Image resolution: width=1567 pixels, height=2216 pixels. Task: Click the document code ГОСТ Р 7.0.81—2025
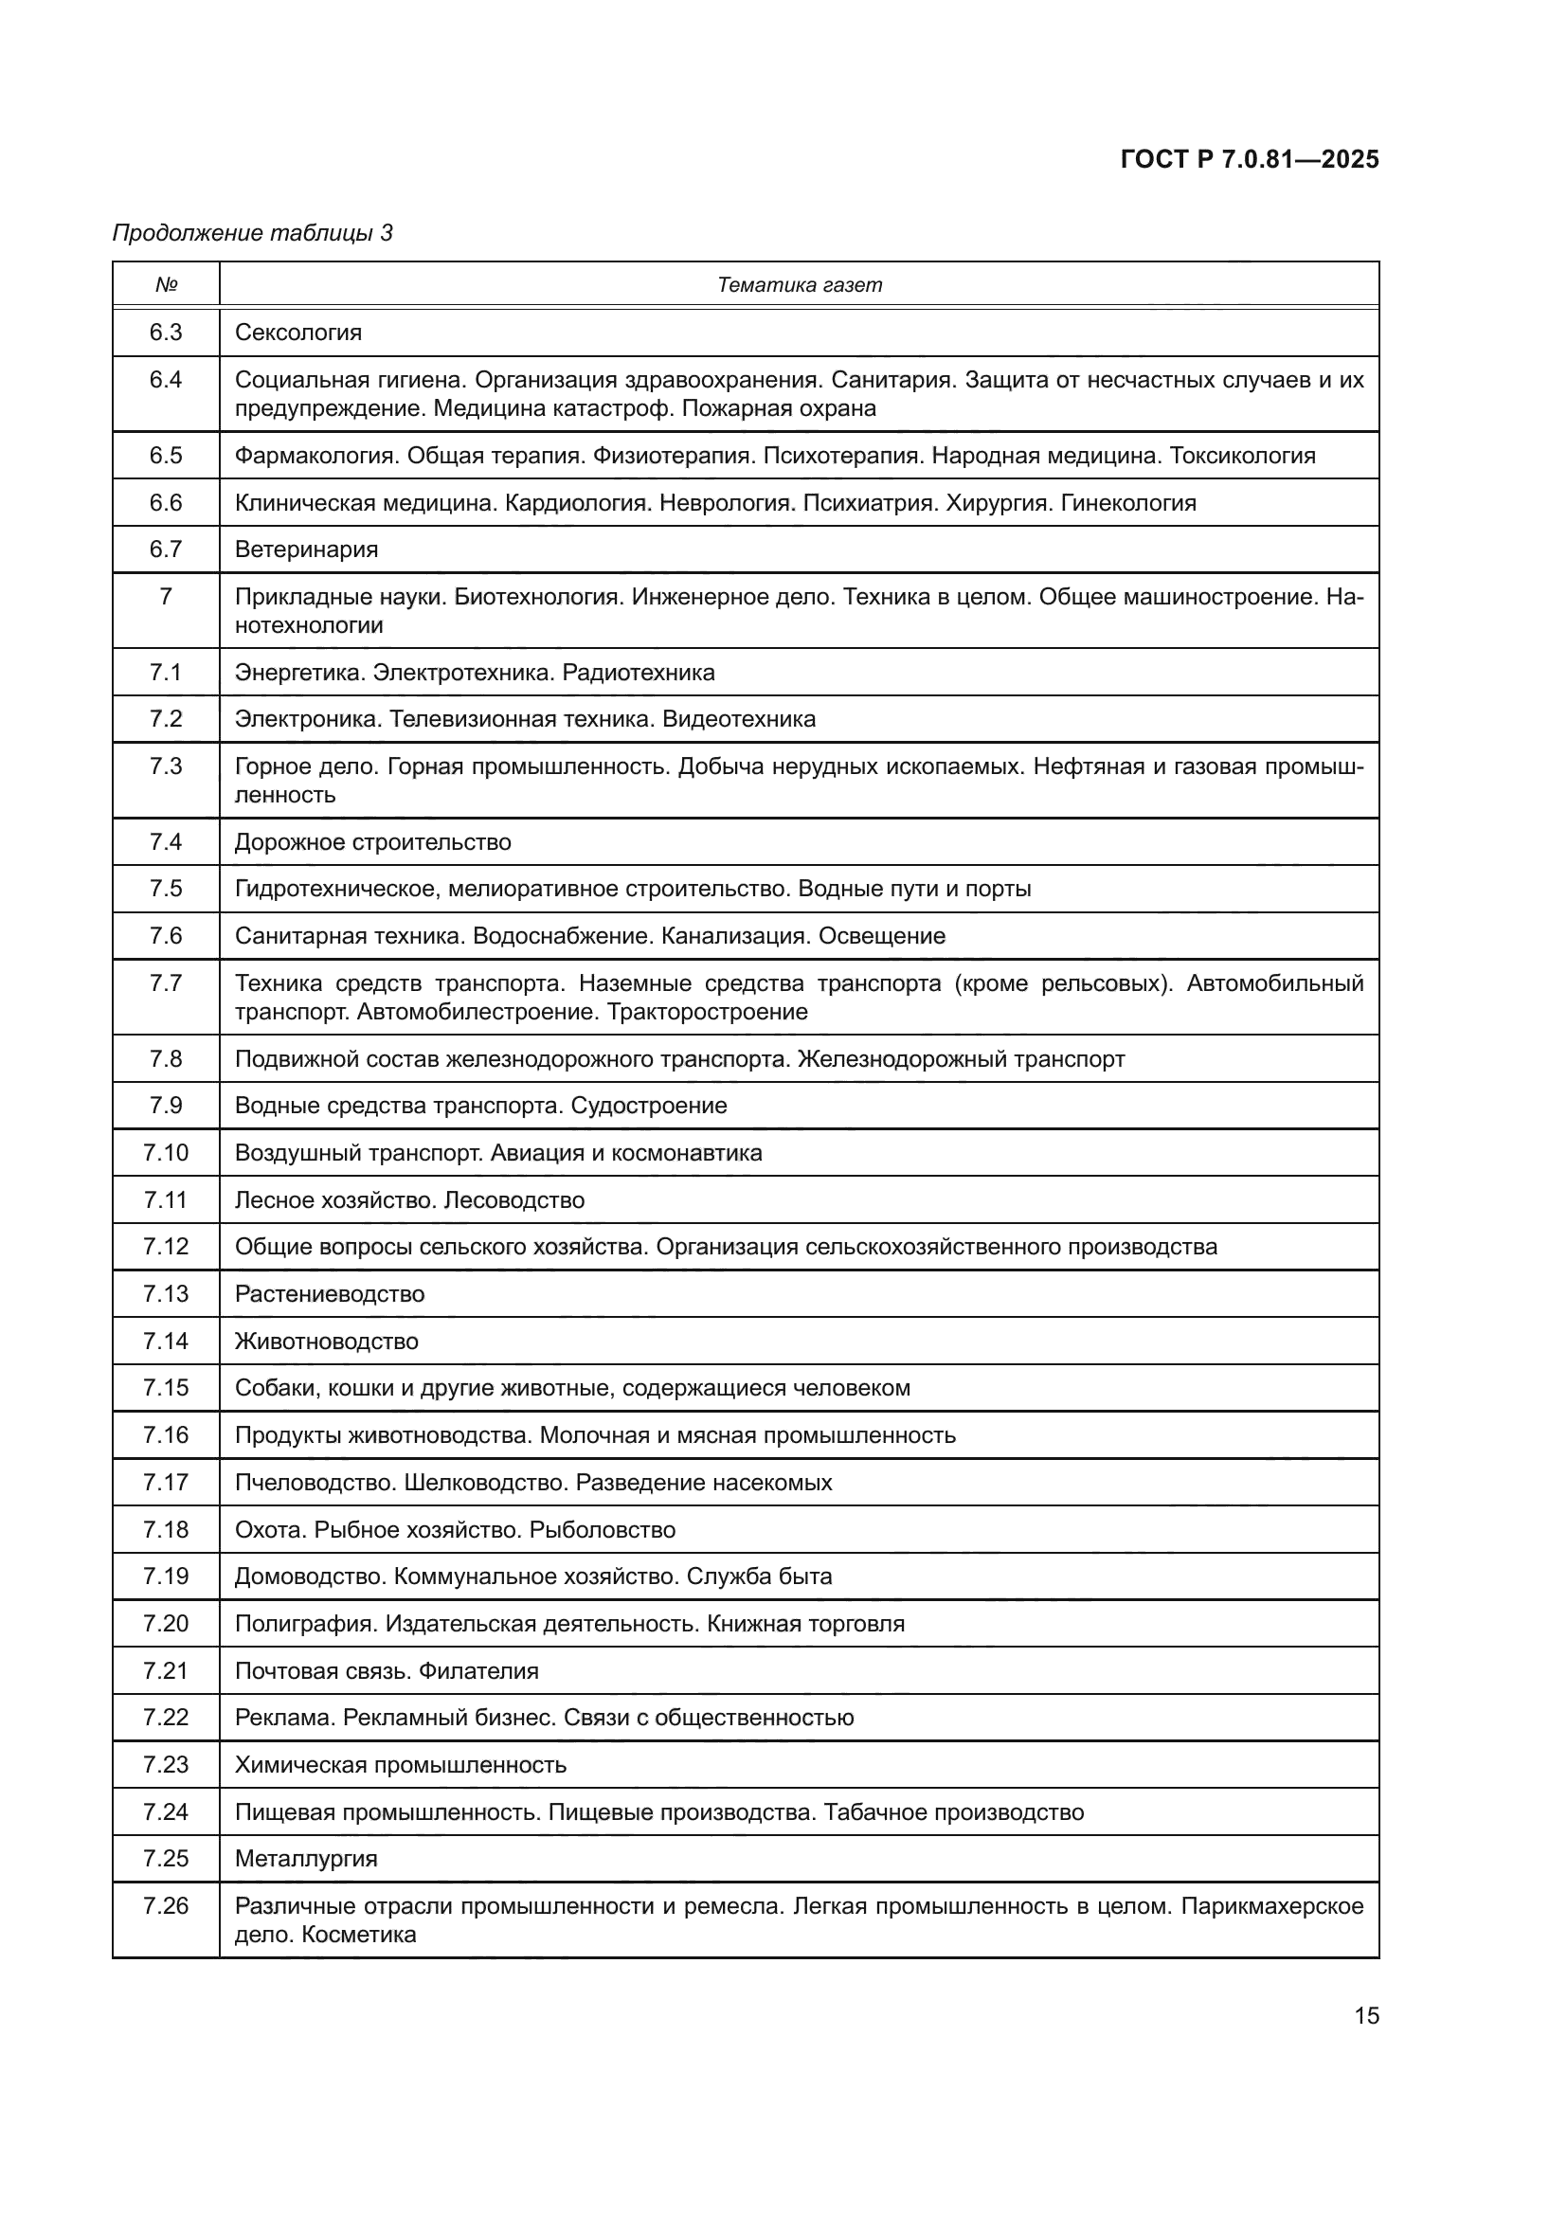click(1250, 159)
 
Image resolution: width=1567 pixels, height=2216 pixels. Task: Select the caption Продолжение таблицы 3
click(253, 233)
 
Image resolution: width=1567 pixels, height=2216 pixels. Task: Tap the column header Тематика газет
click(799, 285)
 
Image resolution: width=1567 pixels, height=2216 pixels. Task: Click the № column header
click(166, 285)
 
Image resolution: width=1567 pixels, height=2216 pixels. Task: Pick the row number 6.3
click(166, 333)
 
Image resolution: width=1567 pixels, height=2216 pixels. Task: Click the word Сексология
click(298, 333)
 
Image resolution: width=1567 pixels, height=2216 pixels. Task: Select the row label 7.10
click(166, 1152)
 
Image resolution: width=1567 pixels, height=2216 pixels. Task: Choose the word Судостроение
click(648, 1105)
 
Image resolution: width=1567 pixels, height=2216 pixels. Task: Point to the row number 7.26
click(166, 1906)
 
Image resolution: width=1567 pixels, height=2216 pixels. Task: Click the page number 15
click(1366, 2015)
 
